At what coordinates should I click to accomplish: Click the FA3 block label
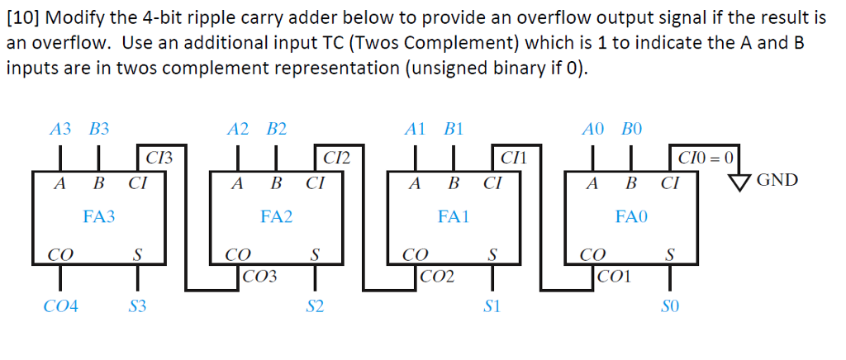[x=99, y=217]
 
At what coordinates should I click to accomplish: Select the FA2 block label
[x=277, y=217]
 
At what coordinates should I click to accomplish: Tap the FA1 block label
[x=454, y=217]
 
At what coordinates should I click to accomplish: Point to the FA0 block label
[x=632, y=217]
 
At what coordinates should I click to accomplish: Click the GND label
[x=777, y=180]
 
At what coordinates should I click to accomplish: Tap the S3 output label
[x=137, y=307]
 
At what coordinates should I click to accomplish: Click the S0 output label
[x=670, y=307]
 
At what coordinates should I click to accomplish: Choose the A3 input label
[x=60, y=129]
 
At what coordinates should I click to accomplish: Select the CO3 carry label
[x=260, y=277]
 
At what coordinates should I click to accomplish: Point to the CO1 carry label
[x=615, y=277]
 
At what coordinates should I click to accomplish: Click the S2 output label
[x=315, y=307]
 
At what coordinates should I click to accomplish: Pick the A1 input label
[x=415, y=129]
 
